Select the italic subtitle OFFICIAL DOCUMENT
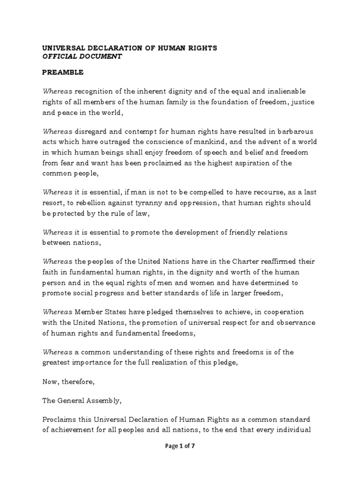(82, 56)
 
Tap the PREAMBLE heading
(63, 73)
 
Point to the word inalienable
(291, 90)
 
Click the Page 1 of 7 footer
(180, 446)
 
